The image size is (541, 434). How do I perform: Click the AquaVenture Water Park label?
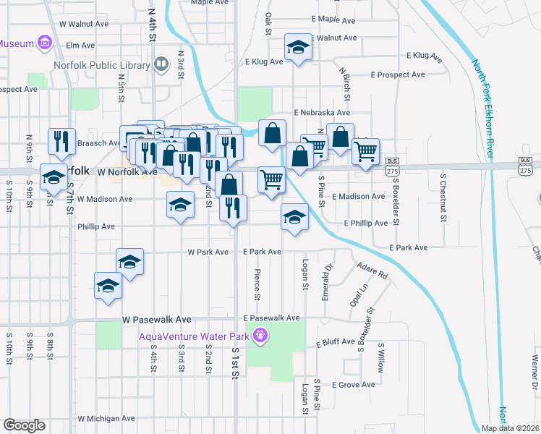[x=195, y=336]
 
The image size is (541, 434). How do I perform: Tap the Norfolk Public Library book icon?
[x=162, y=64]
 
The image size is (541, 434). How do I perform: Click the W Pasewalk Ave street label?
[x=156, y=319]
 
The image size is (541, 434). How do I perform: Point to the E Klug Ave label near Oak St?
[x=264, y=61]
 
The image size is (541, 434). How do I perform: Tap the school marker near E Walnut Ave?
[x=297, y=47]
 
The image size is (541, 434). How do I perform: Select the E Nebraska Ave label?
[x=321, y=113]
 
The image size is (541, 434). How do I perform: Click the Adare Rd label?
[x=372, y=271]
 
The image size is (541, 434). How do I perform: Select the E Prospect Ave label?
[x=398, y=75]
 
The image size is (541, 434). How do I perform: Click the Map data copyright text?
[x=510, y=428]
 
